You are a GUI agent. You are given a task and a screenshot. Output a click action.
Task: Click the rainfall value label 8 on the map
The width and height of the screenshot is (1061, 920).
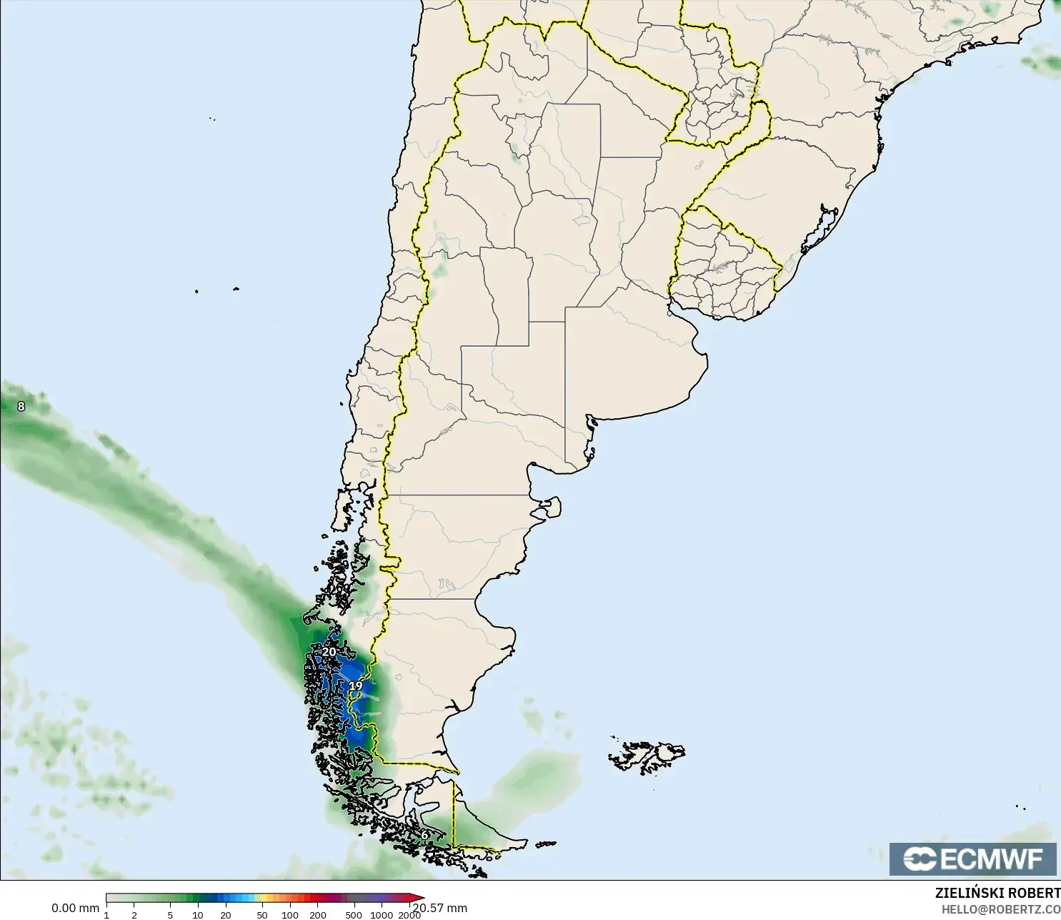coord(21,406)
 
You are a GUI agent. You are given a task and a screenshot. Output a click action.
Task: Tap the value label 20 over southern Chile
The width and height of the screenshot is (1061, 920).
coord(329,651)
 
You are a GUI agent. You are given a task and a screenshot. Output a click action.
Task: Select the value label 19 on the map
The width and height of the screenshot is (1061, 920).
coord(355,686)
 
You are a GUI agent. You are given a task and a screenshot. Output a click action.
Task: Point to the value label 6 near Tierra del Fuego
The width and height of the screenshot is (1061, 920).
coord(424,834)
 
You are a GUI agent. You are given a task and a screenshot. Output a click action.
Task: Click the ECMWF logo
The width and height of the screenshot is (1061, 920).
coord(972,859)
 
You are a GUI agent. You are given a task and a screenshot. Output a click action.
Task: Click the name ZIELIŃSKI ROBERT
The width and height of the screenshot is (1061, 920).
coord(997,893)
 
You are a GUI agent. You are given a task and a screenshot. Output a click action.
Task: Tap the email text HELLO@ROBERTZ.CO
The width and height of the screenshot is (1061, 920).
coord(1000,909)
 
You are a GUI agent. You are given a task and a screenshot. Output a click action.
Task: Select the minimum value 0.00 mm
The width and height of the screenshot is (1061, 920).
coord(75,908)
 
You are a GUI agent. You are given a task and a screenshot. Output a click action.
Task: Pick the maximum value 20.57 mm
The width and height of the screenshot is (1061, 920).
coord(440,908)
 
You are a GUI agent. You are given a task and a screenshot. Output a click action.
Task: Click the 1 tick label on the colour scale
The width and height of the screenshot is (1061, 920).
coord(106,915)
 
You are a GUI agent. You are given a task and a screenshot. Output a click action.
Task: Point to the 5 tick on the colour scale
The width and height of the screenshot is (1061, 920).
coord(170,915)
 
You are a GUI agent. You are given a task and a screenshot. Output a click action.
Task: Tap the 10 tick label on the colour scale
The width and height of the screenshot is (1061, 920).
coord(198,915)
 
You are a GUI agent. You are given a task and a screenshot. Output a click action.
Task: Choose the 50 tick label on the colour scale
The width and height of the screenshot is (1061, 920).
coord(262,915)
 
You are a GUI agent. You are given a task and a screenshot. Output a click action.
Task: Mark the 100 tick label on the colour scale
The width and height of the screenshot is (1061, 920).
coord(289,915)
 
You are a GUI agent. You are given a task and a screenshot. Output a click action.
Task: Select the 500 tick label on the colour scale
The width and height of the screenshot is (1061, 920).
coord(354,915)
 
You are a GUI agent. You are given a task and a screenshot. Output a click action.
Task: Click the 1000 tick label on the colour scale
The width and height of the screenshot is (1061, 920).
coord(382,915)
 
